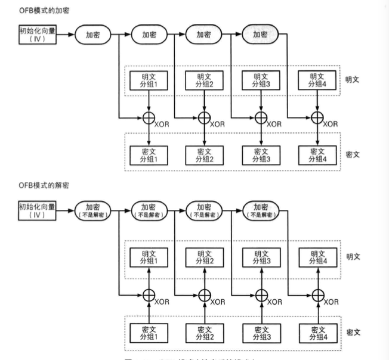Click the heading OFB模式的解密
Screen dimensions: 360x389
tap(42, 185)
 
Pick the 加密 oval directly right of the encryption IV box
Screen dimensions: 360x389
tap(93, 34)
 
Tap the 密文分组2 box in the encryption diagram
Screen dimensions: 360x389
tap(204, 155)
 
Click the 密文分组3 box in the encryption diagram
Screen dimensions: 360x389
tap(260, 155)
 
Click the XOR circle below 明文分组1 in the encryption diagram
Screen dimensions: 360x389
tap(148, 117)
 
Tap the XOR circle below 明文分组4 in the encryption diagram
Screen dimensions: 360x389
tap(317, 117)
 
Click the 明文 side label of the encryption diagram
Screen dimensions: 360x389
tap(353, 79)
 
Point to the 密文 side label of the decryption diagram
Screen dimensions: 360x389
tap(353, 331)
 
